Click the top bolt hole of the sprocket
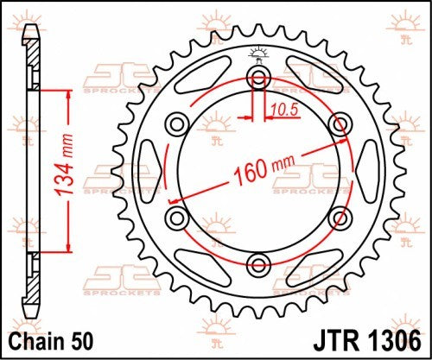tap(257, 79)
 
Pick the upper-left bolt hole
tap(178, 124)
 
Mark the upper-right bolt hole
tap(337, 124)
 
